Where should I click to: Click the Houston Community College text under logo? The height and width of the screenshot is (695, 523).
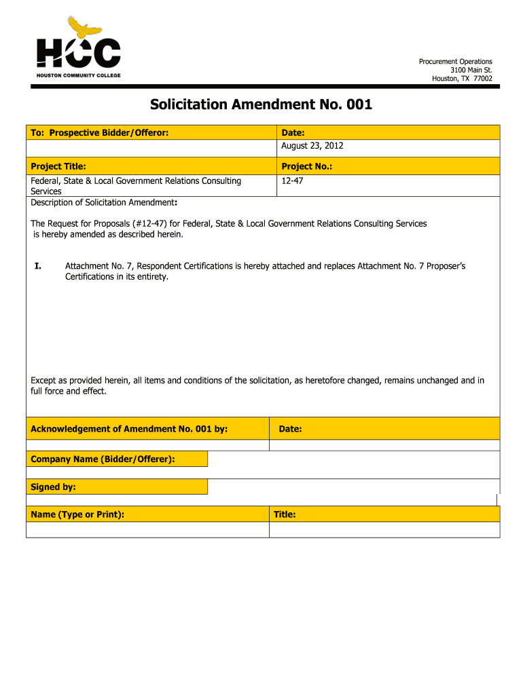[78, 75]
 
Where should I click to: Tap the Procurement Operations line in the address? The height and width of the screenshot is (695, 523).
[455, 62]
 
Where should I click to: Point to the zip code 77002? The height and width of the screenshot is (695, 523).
[482, 78]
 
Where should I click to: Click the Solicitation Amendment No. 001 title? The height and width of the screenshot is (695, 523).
[261, 105]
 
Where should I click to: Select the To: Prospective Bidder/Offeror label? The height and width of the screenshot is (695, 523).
[99, 132]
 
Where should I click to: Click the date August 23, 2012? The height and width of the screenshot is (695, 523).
[312, 146]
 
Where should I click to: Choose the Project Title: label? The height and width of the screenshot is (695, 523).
[58, 166]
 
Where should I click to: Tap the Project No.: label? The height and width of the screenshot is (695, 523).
[306, 166]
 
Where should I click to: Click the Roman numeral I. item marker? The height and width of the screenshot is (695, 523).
[38, 266]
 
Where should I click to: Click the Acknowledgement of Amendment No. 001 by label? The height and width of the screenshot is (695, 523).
[129, 429]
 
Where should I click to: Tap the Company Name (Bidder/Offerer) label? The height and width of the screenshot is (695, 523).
[103, 459]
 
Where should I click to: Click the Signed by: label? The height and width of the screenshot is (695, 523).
[53, 487]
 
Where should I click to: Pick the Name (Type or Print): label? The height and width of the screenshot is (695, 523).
[77, 514]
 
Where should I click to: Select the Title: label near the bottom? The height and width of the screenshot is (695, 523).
[285, 514]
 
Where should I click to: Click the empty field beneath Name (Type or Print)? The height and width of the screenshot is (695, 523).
[147, 529]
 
